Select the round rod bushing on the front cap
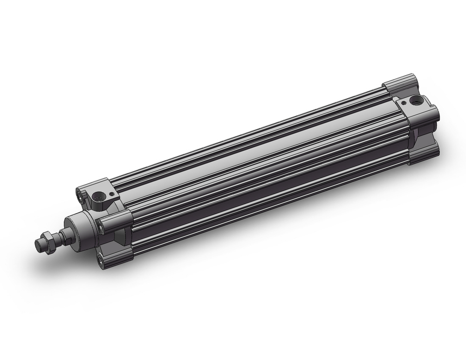point(77,228)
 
